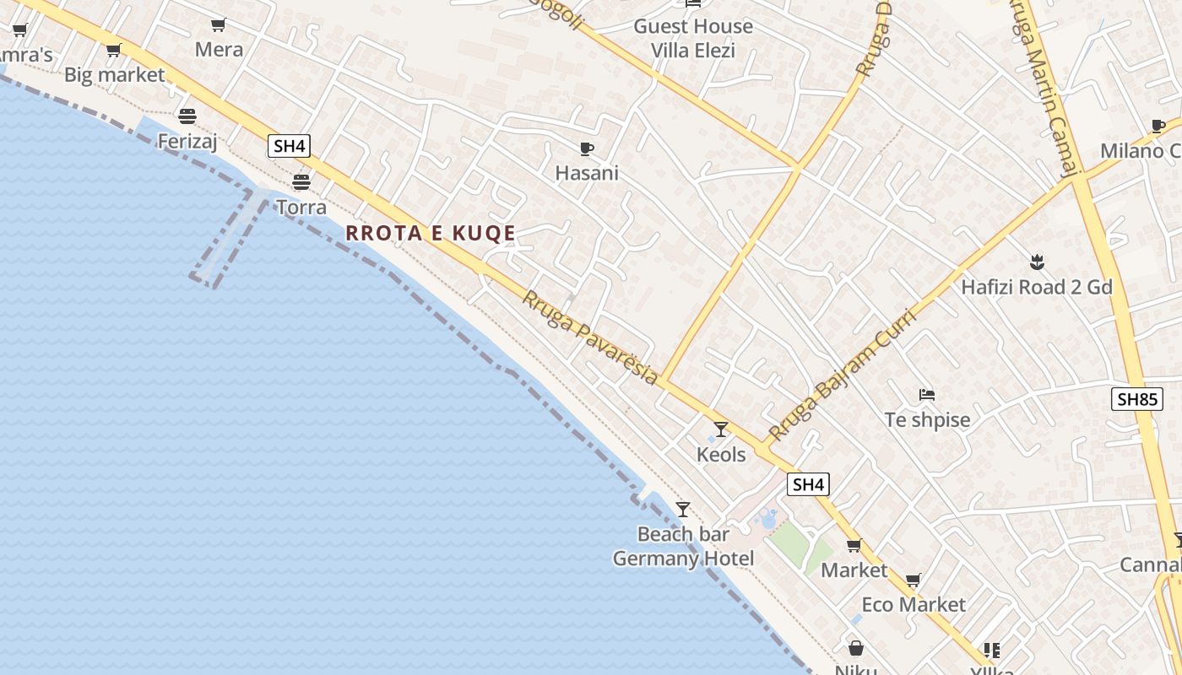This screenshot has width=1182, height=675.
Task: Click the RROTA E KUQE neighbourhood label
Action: (431, 234)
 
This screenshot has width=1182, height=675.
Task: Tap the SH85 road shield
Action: (1136, 399)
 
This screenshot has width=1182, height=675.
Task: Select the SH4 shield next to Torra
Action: (289, 146)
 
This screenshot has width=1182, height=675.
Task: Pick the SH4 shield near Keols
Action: (808, 484)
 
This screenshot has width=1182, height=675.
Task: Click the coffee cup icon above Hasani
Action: (587, 149)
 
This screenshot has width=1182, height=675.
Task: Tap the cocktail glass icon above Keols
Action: (720, 429)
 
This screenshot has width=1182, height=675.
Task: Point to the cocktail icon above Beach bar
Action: (683, 510)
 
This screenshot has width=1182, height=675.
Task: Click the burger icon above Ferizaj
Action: (187, 116)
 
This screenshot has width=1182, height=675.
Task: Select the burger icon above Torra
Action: (301, 181)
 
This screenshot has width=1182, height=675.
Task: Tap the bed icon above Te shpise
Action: (927, 394)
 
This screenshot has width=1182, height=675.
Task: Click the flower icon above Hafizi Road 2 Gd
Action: (1037, 262)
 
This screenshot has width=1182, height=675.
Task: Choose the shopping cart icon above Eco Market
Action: (913, 580)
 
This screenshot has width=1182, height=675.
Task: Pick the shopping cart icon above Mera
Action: (219, 25)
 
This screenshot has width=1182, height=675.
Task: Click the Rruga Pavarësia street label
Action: (589, 337)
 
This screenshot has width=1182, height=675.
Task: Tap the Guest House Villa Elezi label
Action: (693, 38)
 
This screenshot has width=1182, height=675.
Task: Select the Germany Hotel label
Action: (683, 559)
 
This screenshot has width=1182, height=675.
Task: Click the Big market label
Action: (115, 75)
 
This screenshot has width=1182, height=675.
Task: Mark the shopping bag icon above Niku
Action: (856, 648)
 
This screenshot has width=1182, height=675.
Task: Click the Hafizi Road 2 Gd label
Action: (1037, 287)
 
